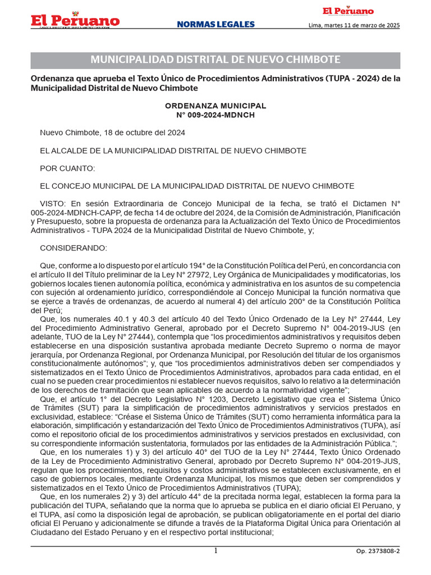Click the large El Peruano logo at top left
(x=75, y=21)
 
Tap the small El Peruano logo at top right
(x=347, y=11)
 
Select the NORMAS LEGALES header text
(x=215, y=25)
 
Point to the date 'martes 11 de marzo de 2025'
(x=363, y=25)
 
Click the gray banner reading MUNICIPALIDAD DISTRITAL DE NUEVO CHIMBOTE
(x=215, y=60)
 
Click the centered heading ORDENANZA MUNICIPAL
(x=215, y=106)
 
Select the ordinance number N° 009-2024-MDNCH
(x=215, y=115)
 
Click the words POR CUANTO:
(x=67, y=168)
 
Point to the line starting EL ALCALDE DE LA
(x=173, y=150)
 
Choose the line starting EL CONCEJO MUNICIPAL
(x=196, y=186)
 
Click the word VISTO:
(x=53, y=204)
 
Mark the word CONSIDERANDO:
(x=73, y=248)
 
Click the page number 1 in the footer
(x=215, y=551)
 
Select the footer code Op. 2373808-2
(x=378, y=551)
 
